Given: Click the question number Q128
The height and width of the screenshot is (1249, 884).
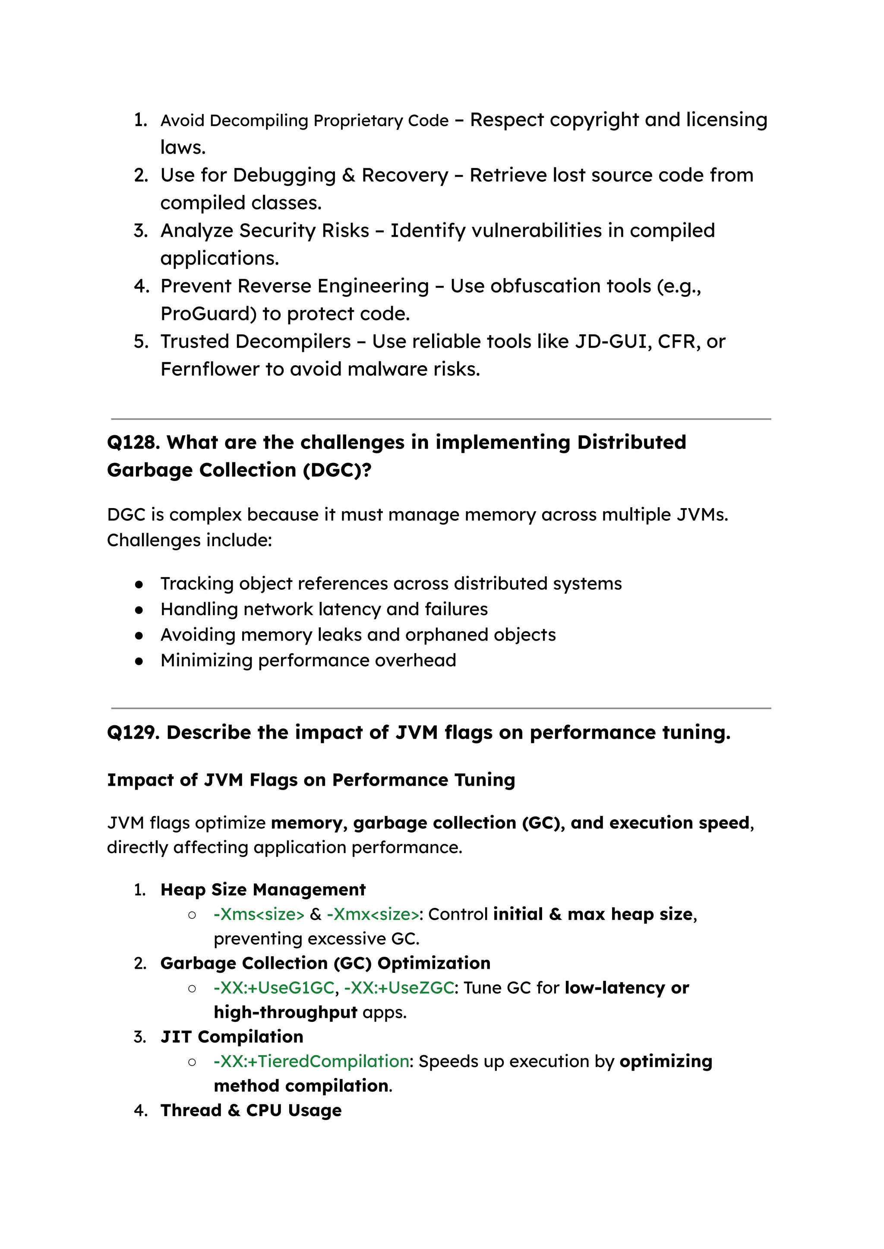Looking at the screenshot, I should pos(133,443).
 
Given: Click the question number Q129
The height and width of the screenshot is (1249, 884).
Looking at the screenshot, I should pos(133,733).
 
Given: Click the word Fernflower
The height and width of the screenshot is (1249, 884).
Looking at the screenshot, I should pos(209,369).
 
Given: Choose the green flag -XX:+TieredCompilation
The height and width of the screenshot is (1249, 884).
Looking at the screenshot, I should pos(311,1061).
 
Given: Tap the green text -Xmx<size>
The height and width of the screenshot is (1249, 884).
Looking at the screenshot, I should pos(373,914).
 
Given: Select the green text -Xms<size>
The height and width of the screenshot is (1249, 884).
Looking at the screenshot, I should pos(259,914).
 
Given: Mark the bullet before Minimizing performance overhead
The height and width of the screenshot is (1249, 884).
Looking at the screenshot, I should pos(139,661).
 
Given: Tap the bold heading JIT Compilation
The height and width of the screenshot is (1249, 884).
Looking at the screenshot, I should pos(231,1037).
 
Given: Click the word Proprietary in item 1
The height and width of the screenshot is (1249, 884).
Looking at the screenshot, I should pos(358,120).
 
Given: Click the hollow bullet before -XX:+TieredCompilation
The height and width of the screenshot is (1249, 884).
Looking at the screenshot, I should pos(192,1062).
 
